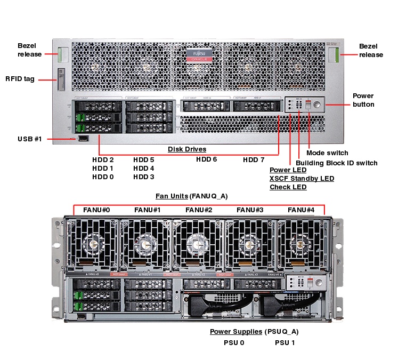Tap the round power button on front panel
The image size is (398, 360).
point(317,105)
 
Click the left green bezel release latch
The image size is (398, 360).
point(64,55)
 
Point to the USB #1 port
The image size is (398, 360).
point(83,139)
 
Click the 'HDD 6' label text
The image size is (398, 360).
point(206,159)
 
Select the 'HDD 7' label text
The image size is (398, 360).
point(254,159)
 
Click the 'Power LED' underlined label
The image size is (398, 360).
point(288,170)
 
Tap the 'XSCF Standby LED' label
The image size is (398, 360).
point(302,179)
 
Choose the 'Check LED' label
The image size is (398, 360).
point(288,187)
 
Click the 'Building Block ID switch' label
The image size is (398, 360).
point(336,163)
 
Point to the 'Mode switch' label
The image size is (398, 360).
point(327,153)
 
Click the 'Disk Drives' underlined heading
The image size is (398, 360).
point(187,149)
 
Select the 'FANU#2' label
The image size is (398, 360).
point(199,210)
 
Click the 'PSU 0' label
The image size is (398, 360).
point(234,342)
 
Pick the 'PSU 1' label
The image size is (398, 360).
point(285,342)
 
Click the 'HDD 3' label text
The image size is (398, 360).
point(144,177)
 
